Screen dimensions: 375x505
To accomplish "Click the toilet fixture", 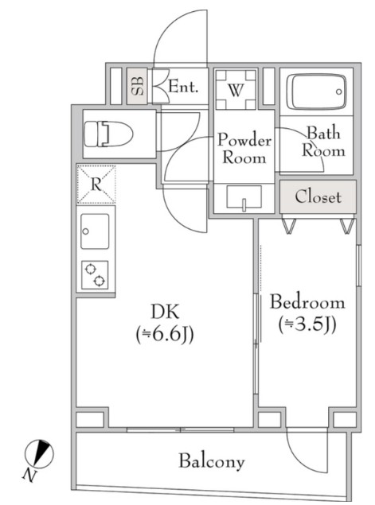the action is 108,134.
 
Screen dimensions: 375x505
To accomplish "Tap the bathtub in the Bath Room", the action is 316,92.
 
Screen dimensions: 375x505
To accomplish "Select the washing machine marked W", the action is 236,90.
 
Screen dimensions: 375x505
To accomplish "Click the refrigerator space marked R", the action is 96,185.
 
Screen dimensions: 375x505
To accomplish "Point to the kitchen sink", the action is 95,231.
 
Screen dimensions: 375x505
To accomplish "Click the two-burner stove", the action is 95,274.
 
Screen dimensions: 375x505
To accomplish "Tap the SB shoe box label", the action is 138,86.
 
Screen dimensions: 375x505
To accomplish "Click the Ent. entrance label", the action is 183,87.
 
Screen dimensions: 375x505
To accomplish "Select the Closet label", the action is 318,196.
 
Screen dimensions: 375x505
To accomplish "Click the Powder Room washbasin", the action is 244,198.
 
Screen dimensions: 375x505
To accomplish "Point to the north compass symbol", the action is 39,453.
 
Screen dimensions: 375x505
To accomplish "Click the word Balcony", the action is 212,461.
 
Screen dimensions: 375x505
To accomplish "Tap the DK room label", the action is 165,312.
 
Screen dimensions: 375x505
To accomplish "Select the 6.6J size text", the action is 165,335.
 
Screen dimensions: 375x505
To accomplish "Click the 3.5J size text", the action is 307,324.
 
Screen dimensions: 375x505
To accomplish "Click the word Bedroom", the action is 307,302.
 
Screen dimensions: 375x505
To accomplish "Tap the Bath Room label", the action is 323,142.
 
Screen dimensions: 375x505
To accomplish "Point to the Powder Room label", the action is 244,149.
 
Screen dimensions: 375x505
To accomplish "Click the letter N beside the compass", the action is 29,476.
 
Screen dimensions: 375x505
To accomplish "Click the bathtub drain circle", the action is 338,91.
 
